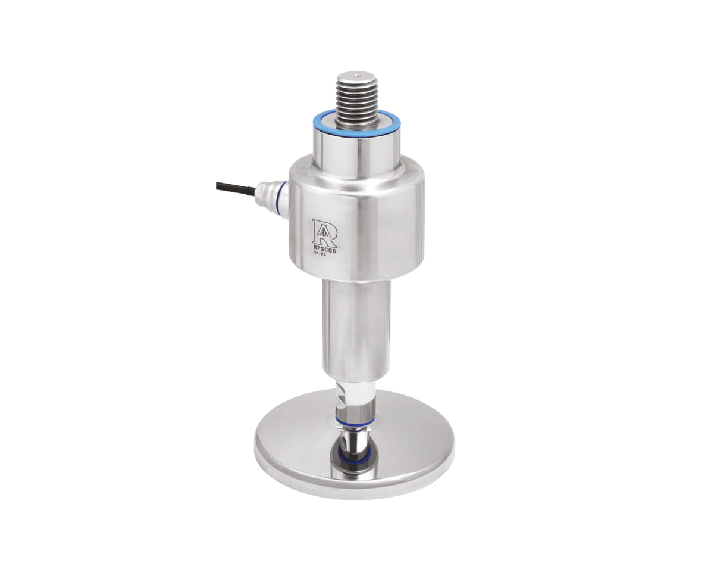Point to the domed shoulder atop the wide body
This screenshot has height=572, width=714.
pos(357,170)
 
